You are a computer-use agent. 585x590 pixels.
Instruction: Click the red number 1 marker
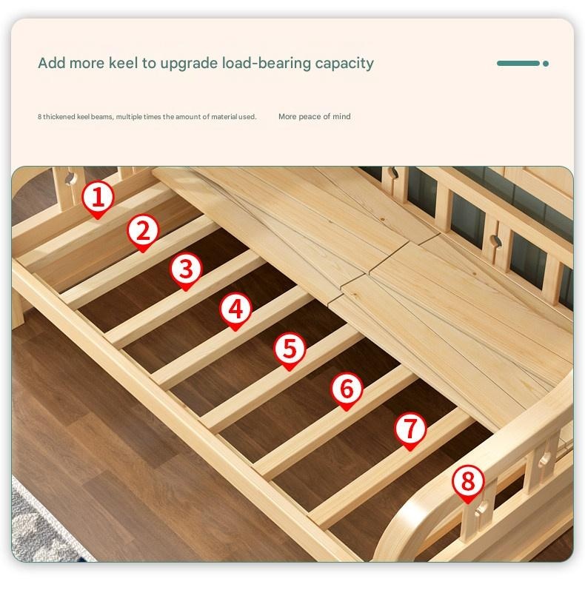[98, 198]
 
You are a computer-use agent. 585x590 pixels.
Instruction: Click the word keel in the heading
[124, 63]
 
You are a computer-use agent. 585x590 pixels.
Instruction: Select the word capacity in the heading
[344, 64]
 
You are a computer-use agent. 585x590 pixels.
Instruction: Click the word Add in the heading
[52, 63]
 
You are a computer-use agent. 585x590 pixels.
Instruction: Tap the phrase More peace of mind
[314, 117]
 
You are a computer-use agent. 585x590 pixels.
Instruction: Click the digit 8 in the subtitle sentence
[39, 117]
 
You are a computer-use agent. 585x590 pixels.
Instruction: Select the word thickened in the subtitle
[59, 117]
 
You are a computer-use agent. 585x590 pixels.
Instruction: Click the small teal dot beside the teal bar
[546, 64]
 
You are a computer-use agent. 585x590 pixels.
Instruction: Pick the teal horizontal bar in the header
[518, 64]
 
